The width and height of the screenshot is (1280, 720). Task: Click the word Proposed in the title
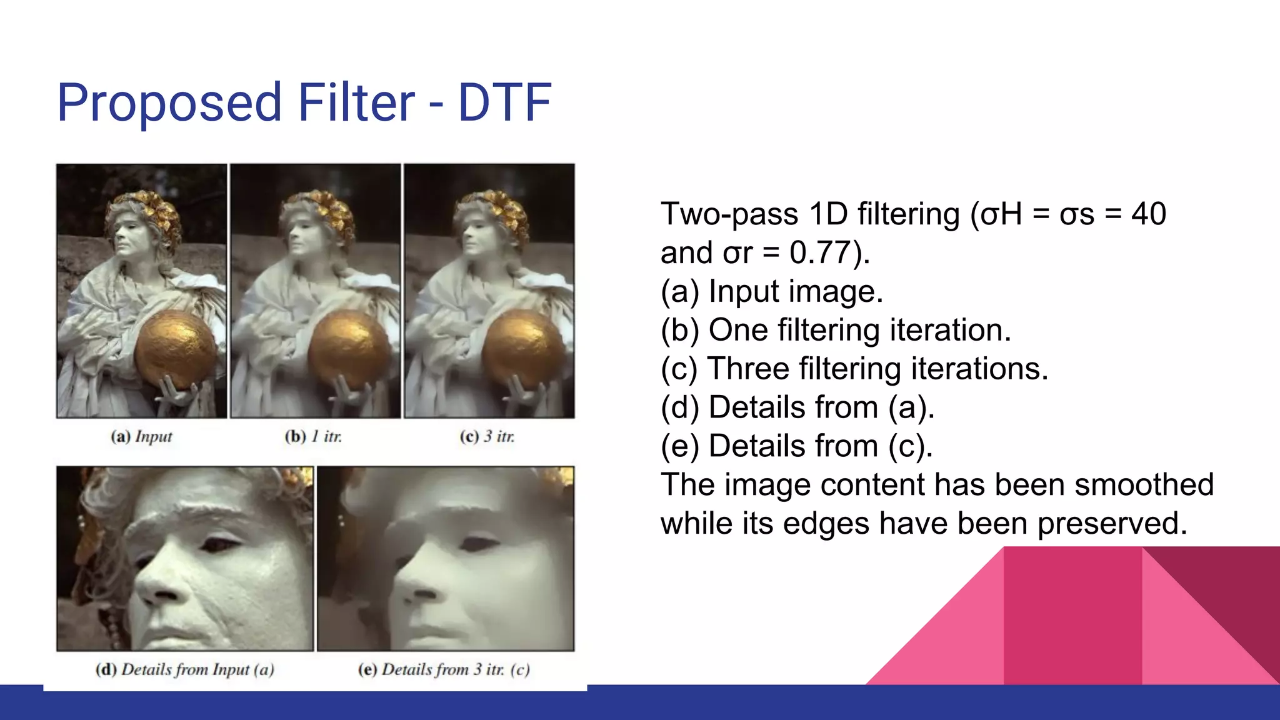[169, 103]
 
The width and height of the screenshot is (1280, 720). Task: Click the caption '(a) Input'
[141, 436]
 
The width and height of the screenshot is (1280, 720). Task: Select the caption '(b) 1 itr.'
[313, 436]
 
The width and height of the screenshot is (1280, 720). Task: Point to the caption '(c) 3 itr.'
[487, 436]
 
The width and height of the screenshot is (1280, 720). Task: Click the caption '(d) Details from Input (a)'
[184, 669]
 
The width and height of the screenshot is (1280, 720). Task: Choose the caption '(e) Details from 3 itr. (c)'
[444, 669]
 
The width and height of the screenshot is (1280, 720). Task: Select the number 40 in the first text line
[1148, 214]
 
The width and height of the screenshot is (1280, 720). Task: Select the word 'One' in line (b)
[738, 330]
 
